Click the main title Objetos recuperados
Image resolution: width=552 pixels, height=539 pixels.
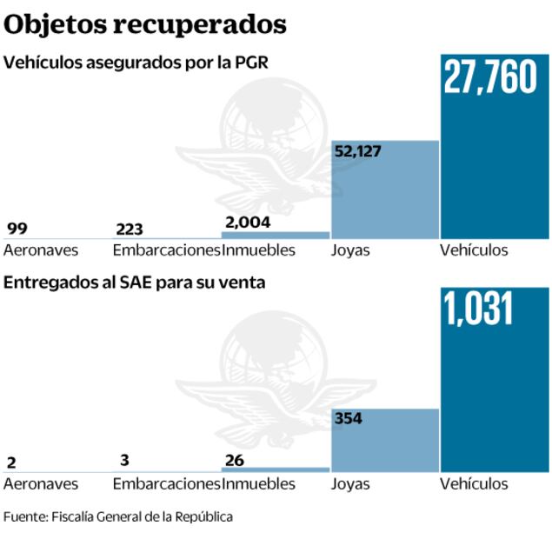coord(145,24)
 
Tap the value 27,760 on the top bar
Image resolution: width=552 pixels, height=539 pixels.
coord(490,77)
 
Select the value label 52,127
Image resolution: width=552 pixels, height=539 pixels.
coord(357,151)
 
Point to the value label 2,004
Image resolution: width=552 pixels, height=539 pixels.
coord(247,222)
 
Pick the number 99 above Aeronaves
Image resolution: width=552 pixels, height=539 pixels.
coord(17,230)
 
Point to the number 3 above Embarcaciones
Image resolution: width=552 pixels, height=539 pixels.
coord(125,461)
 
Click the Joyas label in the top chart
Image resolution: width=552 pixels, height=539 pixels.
coord(350,250)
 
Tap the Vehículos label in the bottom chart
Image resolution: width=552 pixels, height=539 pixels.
coord(474,483)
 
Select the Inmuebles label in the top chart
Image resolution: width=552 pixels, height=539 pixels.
coord(259,250)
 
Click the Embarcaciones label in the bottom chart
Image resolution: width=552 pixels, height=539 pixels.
coord(166,483)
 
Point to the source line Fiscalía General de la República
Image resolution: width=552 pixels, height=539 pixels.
coord(118,516)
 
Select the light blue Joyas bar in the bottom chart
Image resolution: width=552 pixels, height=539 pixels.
coord(385,440)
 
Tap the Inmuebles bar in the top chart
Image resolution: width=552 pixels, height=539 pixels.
coord(276,235)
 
